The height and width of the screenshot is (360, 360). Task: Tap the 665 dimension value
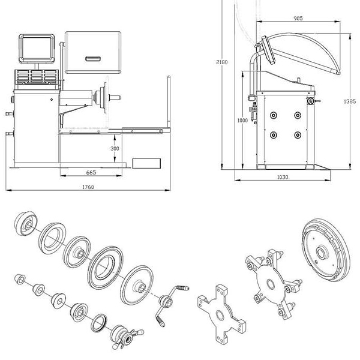pyautogui.click(x=91, y=172)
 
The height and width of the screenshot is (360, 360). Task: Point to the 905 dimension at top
pyautogui.click(x=298, y=19)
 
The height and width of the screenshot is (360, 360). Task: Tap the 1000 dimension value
pyautogui.click(x=242, y=120)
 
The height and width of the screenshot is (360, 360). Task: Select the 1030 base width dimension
pyautogui.click(x=283, y=177)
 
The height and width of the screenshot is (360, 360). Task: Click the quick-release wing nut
pyautogui.click(x=125, y=334)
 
